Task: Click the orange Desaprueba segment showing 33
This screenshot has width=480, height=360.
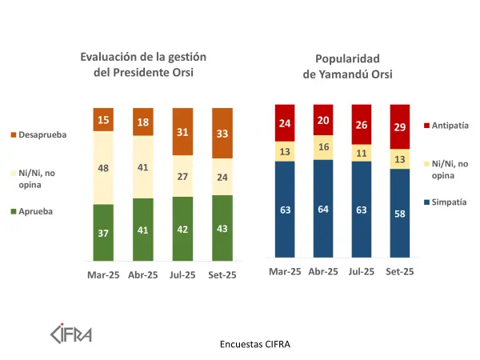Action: click(222, 133)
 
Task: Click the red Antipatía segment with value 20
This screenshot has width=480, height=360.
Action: click(324, 120)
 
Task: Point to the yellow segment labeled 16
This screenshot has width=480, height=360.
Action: click(324, 148)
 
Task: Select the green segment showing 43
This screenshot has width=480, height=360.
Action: click(222, 228)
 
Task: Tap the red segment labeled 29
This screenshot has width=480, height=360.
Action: click(400, 126)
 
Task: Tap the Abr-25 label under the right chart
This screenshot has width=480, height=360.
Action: click(324, 272)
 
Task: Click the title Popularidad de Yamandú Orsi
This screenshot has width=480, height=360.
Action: click(346, 66)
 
